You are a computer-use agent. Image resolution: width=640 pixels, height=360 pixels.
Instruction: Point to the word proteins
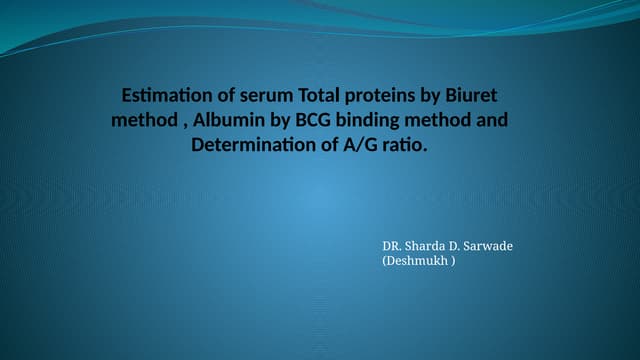[384, 97]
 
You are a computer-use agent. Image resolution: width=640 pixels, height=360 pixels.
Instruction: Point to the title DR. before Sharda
[394, 246]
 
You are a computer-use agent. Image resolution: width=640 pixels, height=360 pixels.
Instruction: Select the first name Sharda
[431, 246]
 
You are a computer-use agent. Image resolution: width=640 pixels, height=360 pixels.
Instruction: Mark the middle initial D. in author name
[464, 246]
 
